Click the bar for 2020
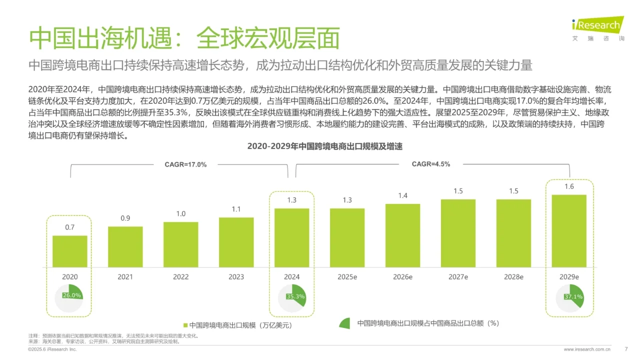[x=70, y=251]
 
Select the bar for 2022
[x=181, y=244]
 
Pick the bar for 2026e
[x=402, y=235]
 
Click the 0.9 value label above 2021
[x=125, y=218]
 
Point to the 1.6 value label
[x=569, y=186]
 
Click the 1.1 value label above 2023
[x=236, y=209]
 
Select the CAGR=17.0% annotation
[x=185, y=164]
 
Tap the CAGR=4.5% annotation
[x=430, y=164]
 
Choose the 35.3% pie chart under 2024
[x=292, y=298]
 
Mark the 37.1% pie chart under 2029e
[x=569, y=298]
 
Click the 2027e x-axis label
[x=458, y=276]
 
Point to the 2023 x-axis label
[x=236, y=276]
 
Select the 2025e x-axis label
[x=347, y=276]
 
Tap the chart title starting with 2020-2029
[x=324, y=146]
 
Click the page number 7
[x=626, y=349]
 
